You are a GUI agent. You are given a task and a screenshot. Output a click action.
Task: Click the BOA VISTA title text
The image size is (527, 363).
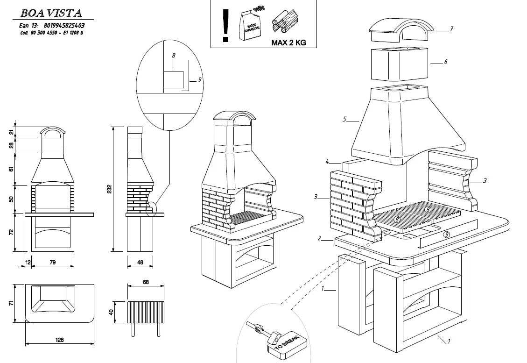click(x=51, y=13)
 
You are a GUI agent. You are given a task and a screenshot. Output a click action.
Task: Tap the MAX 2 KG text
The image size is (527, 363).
click(x=288, y=42)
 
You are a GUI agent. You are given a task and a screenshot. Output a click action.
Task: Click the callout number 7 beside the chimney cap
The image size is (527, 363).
click(x=452, y=29)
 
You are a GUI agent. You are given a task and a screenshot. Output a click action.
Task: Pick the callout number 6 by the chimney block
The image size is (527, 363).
click(x=446, y=62)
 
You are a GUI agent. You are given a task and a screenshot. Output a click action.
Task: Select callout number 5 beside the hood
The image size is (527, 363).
click(x=344, y=120)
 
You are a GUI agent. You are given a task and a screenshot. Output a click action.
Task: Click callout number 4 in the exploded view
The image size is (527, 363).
click(x=328, y=162)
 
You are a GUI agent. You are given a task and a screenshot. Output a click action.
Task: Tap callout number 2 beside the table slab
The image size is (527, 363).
click(x=319, y=238)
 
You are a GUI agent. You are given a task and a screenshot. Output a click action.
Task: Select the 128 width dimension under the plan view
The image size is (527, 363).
click(x=59, y=340)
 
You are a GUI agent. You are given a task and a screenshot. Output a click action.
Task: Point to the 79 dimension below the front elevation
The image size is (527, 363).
click(x=52, y=263)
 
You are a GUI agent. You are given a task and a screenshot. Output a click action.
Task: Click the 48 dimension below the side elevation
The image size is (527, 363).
click(x=140, y=263)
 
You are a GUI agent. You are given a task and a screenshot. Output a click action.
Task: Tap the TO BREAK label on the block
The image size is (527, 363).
click(x=286, y=346)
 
